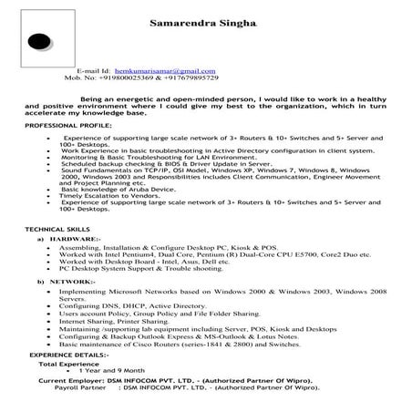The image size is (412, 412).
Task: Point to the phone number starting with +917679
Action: click(x=205, y=77)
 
